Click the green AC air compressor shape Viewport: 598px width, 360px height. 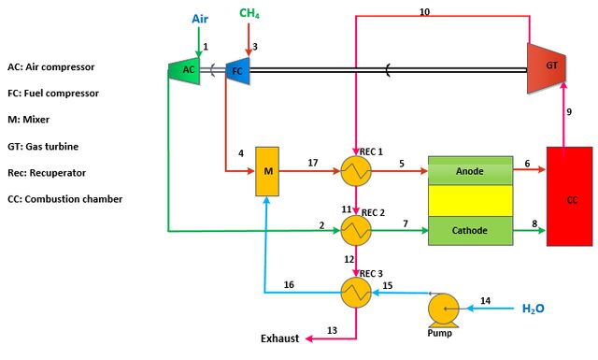pyautogui.click(x=184, y=70)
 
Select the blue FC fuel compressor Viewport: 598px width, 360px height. pyautogui.click(x=237, y=71)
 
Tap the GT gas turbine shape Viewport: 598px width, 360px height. pyautogui.click(x=546, y=68)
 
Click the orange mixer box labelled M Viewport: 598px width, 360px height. pyautogui.click(x=267, y=171)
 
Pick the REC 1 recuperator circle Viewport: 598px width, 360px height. pyautogui.click(x=356, y=171)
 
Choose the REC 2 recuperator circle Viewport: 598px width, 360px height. pyautogui.click(x=356, y=230)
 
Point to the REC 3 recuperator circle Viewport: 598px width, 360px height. pyautogui.click(x=356, y=293)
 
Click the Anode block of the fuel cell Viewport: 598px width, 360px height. pyautogui.click(x=470, y=170)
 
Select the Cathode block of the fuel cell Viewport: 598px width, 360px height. pyautogui.click(x=470, y=231)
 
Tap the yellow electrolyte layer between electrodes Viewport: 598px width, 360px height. pyautogui.click(x=470, y=201)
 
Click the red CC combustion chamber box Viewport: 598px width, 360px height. pyautogui.click(x=570, y=196)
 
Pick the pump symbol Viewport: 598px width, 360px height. pyautogui.click(x=443, y=310)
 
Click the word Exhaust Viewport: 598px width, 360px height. pyautogui.click(x=280, y=338)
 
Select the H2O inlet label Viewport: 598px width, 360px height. pyautogui.click(x=534, y=309)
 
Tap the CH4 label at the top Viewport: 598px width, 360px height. pyautogui.click(x=249, y=13)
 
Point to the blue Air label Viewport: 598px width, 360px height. pyautogui.click(x=200, y=19)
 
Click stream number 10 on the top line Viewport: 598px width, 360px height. pyautogui.click(x=424, y=12)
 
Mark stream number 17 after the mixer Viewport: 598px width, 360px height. pyautogui.click(x=313, y=163)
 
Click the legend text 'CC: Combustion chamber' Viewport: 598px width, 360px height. pyautogui.click(x=65, y=199)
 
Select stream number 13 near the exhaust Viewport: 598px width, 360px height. pyautogui.click(x=333, y=330)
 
